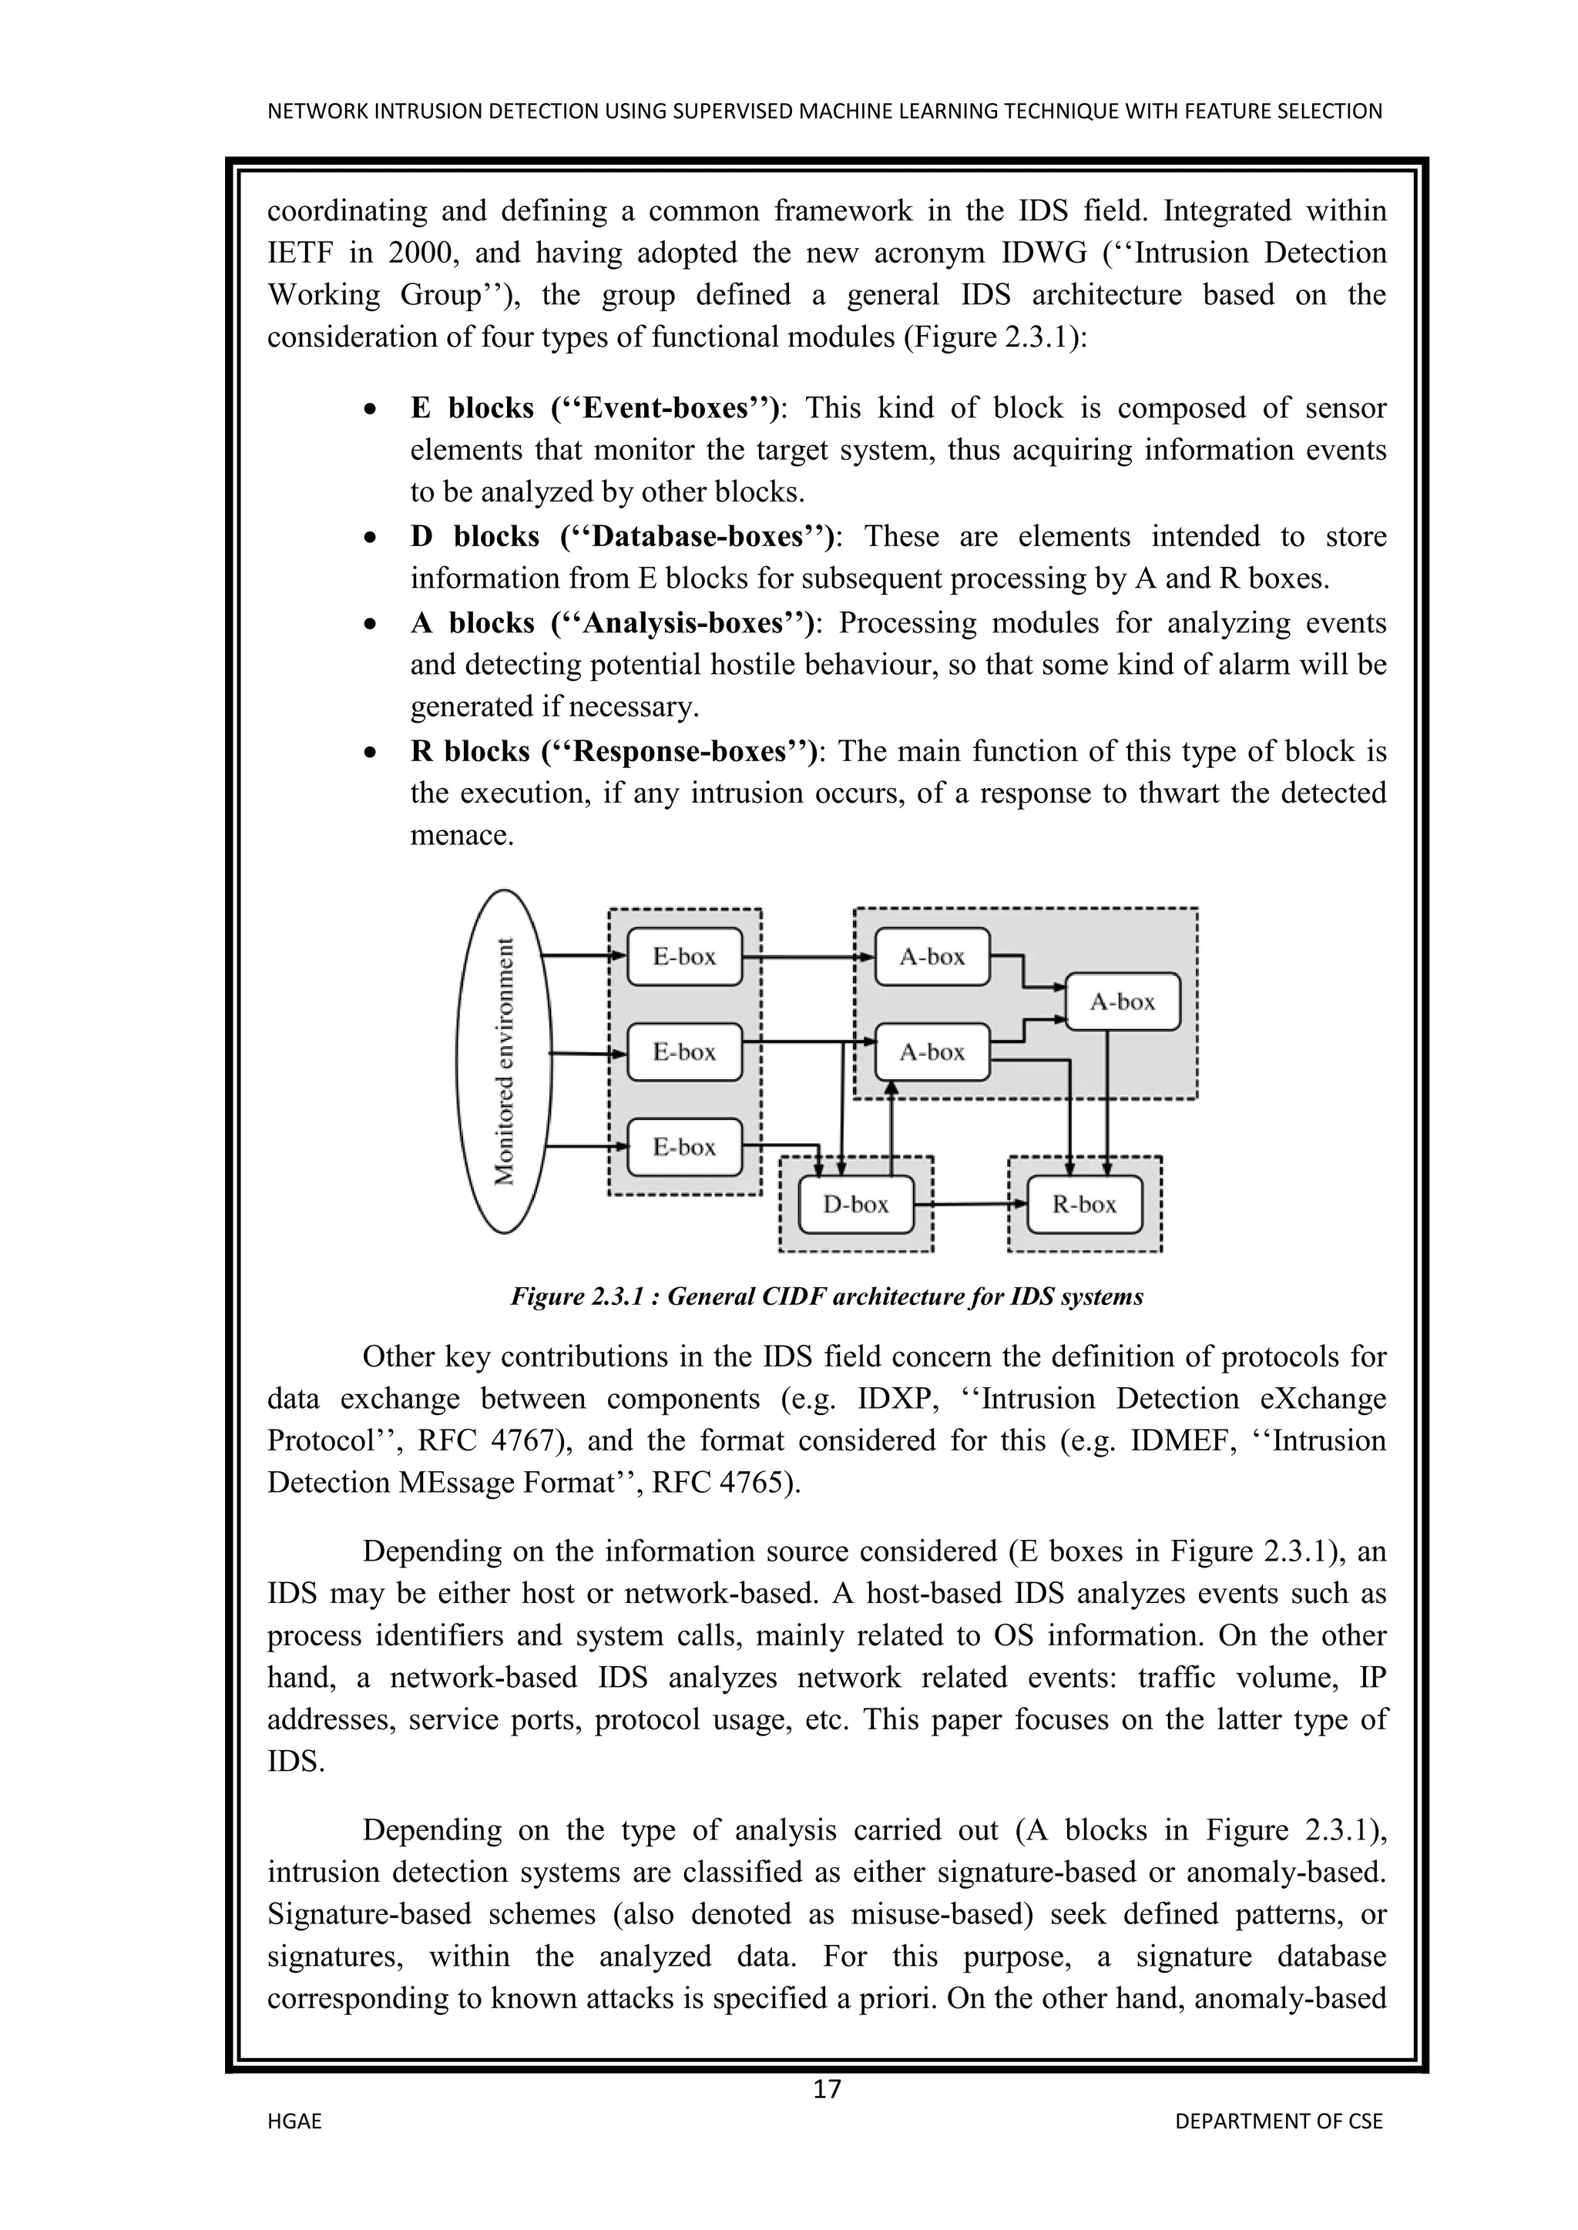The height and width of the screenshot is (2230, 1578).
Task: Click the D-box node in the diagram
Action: pyautogui.click(x=855, y=1205)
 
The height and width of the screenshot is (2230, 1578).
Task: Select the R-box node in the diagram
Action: pyautogui.click(x=1084, y=1205)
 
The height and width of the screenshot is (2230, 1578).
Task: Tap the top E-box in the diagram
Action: pyautogui.click(x=684, y=957)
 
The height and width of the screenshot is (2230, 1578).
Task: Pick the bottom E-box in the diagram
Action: pyautogui.click(x=684, y=1147)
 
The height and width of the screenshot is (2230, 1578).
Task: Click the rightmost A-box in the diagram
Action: pyautogui.click(x=1123, y=1001)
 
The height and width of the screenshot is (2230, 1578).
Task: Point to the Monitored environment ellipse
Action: pyautogui.click(x=503, y=1061)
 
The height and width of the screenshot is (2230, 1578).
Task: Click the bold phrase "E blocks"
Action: pyautogui.click(x=472, y=408)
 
